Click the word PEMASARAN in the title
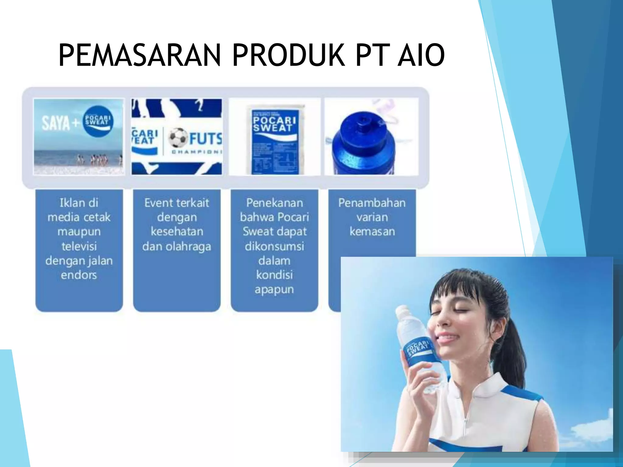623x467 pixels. [x=139, y=55]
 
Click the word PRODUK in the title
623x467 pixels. [x=288, y=55]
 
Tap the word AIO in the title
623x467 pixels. [x=421, y=55]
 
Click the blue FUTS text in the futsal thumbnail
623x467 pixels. [x=205, y=139]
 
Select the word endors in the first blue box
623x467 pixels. [x=79, y=275]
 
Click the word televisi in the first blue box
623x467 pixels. [x=79, y=246]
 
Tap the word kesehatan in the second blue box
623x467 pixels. [x=177, y=232]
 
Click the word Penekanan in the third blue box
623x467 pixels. [x=274, y=203]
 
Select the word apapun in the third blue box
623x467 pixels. [x=274, y=289]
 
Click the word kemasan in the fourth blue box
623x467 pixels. [x=372, y=232]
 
